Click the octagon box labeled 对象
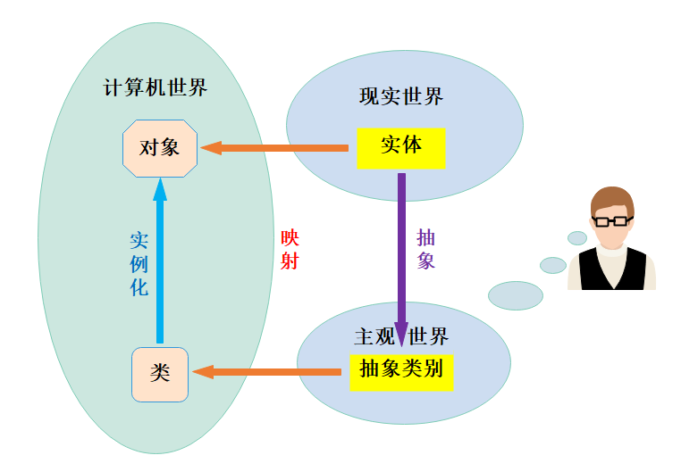click(159, 147)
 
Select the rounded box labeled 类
click(160, 374)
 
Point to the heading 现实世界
click(400, 96)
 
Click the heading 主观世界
click(401, 336)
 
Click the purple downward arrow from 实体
click(401, 259)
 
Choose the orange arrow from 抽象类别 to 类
click(268, 371)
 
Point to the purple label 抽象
click(426, 250)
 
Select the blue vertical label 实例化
click(139, 264)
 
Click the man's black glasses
click(611, 219)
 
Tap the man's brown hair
click(611, 198)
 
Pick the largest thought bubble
click(516, 295)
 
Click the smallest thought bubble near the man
click(577, 238)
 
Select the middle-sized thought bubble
click(553, 265)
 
